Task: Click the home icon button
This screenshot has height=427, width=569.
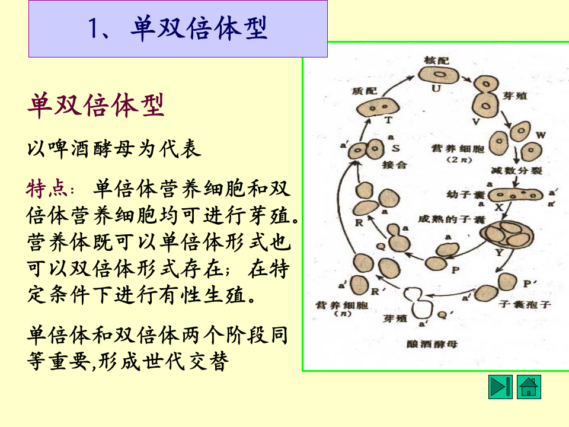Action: (529, 387)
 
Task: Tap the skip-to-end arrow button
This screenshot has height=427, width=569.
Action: (500, 387)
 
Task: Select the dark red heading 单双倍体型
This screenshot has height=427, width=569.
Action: (95, 106)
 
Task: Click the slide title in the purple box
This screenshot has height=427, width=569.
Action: (178, 28)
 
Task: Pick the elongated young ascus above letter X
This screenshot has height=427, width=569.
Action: (516, 195)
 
